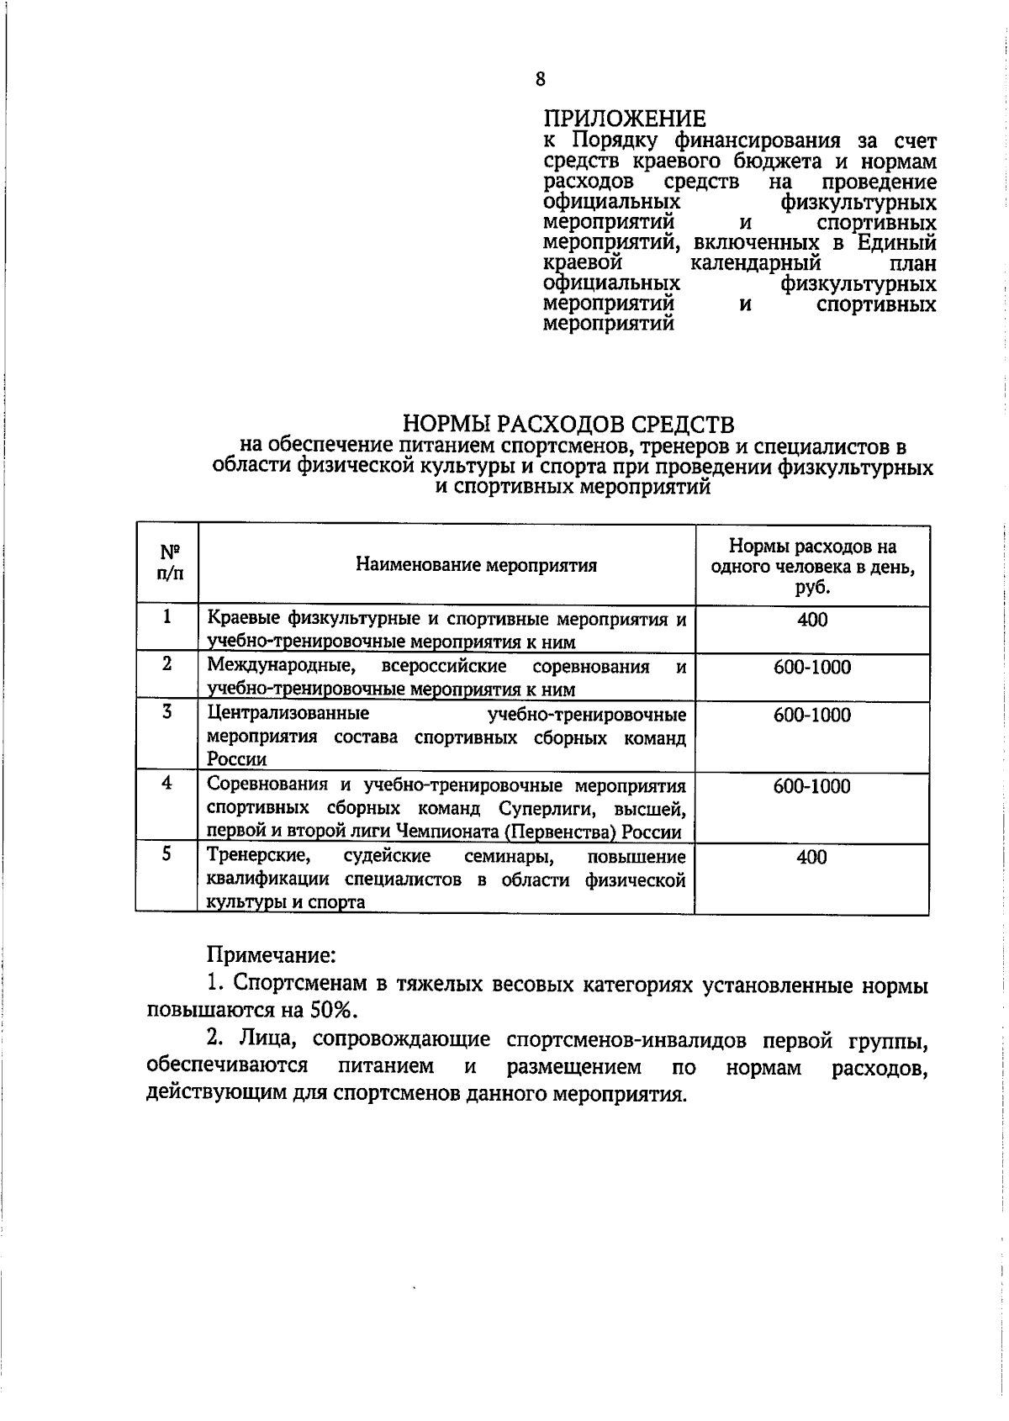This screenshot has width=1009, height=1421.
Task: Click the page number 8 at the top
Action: click(x=540, y=79)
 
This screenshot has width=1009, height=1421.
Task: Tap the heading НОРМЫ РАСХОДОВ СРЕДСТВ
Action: click(x=569, y=422)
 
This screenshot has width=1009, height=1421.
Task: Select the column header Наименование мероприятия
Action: click(x=476, y=565)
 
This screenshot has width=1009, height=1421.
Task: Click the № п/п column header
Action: click(x=168, y=563)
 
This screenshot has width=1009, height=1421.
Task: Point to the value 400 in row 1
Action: click(x=812, y=621)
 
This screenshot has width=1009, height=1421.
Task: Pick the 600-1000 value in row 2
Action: click(x=812, y=668)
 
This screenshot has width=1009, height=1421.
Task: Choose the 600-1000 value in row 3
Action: click(x=812, y=716)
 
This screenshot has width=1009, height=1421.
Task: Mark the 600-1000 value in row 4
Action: click(x=812, y=787)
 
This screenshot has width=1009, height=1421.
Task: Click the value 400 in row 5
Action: click(x=812, y=858)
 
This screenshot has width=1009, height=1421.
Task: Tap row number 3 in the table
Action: click(x=167, y=712)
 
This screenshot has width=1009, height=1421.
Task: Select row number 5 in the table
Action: click(x=167, y=854)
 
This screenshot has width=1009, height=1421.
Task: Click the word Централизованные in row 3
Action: click(x=288, y=715)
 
